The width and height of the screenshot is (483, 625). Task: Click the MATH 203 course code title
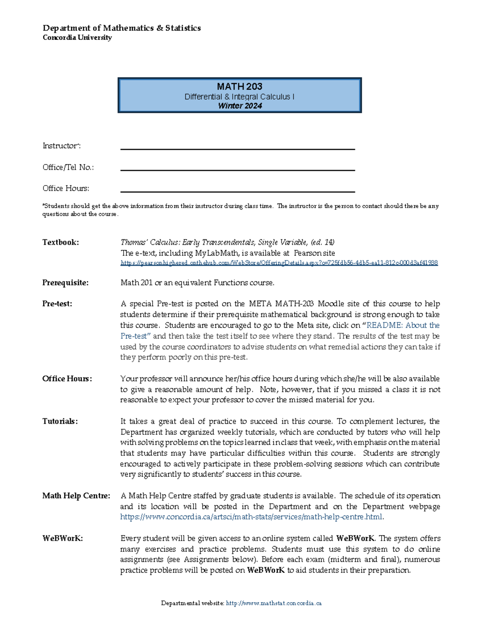(x=239, y=87)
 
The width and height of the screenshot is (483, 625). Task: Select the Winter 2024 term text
(x=240, y=106)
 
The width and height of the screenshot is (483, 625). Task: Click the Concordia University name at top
(x=77, y=37)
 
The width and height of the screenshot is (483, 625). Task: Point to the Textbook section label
(x=61, y=242)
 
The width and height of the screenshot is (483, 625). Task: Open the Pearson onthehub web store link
(x=279, y=263)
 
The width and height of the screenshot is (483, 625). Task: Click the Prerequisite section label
(x=65, y=283)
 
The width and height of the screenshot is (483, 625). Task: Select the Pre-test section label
(x=57, y=304)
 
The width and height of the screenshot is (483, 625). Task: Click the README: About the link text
(x=402, y=325)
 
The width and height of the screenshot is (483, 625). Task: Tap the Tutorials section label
(x=60, y=421)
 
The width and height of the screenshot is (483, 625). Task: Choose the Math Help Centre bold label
(x=76, y=496)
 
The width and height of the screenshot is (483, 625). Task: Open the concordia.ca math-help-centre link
(x=252, y=517)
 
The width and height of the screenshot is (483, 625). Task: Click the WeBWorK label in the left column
(x=62, y=538)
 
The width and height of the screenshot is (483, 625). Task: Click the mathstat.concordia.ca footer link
(x=274, y=603)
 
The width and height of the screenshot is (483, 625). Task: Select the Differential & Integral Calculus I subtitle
(x=239, y=97)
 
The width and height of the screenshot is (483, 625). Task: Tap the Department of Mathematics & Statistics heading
(x=122, y=28)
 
